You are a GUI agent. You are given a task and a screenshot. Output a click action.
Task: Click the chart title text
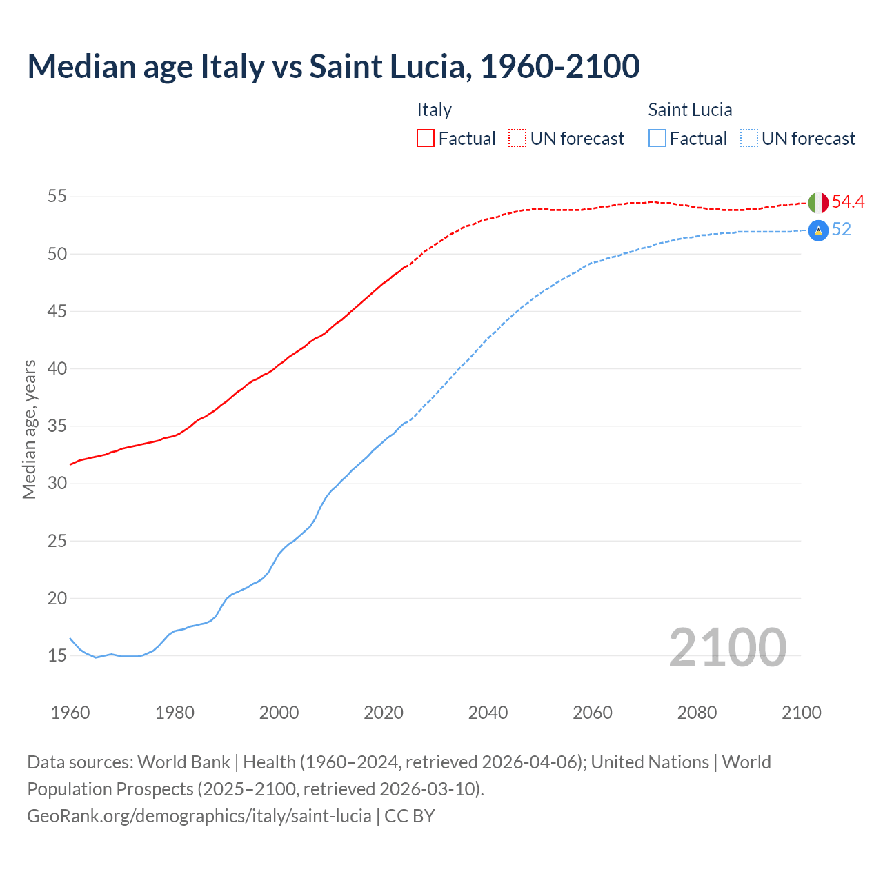click(333, 66)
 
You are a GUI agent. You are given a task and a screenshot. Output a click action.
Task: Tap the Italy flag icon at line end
click(818, 203)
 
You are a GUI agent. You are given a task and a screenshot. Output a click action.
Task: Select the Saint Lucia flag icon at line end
click(818, 230)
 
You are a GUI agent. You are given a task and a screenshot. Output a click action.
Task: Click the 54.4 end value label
click(848, 202)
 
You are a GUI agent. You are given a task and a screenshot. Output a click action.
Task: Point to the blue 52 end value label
click(841, 230)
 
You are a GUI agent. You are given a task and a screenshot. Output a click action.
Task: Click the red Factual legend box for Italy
click(426, 139)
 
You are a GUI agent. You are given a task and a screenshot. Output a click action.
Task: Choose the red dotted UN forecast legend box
click(517, 139)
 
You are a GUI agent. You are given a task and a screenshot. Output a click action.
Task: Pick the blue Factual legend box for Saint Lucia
click(657, 139)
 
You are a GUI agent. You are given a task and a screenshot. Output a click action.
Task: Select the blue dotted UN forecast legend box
click(749, 139)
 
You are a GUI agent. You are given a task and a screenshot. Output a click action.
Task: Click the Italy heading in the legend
click(434, 110)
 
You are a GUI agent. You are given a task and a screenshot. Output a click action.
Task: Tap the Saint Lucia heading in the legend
click(690, 110)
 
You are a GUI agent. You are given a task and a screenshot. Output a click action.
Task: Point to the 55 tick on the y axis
click(57, 197)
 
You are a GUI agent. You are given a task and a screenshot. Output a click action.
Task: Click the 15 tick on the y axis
click(57, 656)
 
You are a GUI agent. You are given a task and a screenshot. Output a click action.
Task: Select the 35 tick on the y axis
click(57, 426)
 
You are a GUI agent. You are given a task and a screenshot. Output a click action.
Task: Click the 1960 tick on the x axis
click(70, 713)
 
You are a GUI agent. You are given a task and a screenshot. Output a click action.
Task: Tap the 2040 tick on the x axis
click(488, 713)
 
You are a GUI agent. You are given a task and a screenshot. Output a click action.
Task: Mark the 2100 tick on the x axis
click(801, 713)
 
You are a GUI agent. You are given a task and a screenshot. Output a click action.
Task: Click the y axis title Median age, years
click(29, 429)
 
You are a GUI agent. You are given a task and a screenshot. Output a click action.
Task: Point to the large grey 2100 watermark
click(727, 647)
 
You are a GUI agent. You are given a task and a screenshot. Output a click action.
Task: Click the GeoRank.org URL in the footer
click(199, 816)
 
